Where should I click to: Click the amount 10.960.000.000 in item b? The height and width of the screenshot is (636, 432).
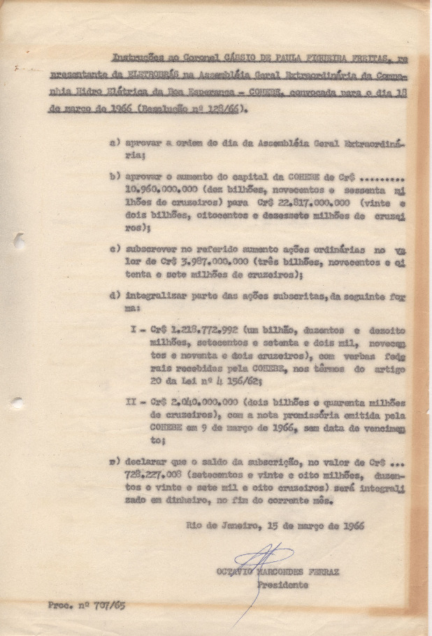pos(155,188)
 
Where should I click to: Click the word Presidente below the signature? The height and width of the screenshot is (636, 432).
pos(282,584)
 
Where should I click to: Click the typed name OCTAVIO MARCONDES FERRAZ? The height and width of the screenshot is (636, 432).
pos(278,572)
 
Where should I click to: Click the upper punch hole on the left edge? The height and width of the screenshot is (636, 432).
pos(17,242)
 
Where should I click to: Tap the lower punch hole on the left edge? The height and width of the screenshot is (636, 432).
pos(17,403)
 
